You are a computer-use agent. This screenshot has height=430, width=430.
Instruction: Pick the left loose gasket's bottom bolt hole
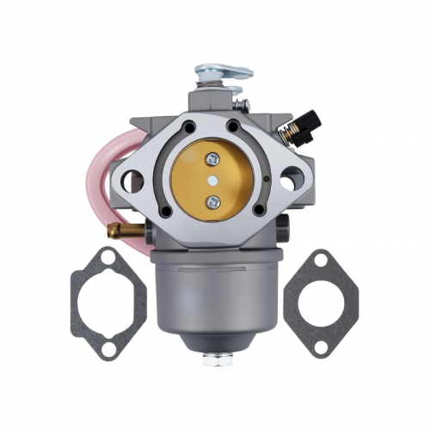[x=107, y=349]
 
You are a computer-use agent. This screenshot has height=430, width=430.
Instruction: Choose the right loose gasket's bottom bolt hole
[x=319, y=349]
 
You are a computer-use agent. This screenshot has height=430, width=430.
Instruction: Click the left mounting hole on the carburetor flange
[x=132, y=181]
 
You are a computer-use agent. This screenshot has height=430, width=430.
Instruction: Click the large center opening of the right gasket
[x=320, y=303]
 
